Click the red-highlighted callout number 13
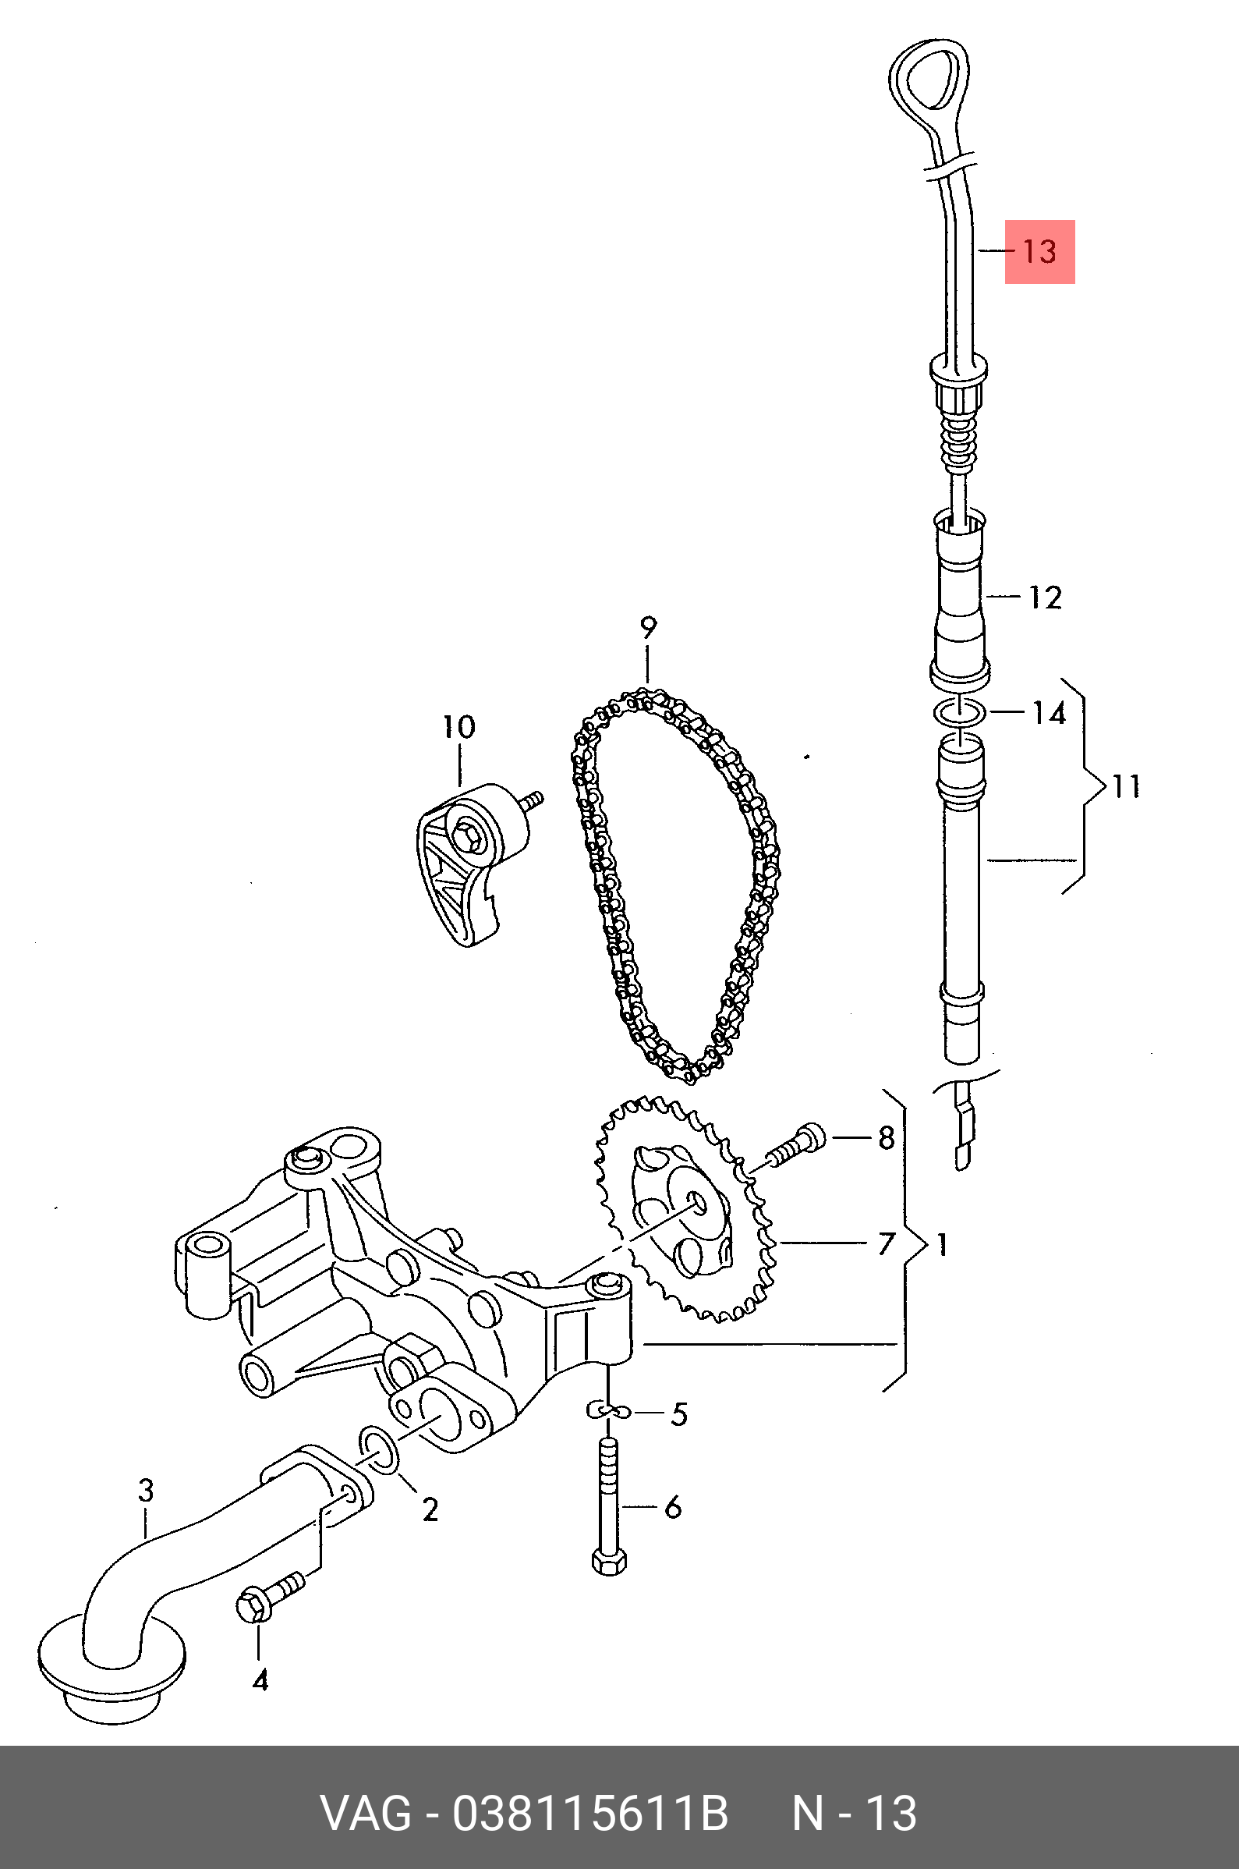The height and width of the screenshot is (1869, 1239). (1039, 251)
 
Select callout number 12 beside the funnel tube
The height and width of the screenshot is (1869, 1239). (1045, 598)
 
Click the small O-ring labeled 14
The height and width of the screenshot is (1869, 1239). (959, 712)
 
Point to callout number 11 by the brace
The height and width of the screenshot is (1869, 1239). (1127, 786)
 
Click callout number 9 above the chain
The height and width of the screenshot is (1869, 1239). (648, 627)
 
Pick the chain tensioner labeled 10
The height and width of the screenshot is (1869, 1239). (473, 864)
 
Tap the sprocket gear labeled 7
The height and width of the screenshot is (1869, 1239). (685, 1209)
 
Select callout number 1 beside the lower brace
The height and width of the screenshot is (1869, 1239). (941, 1246)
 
